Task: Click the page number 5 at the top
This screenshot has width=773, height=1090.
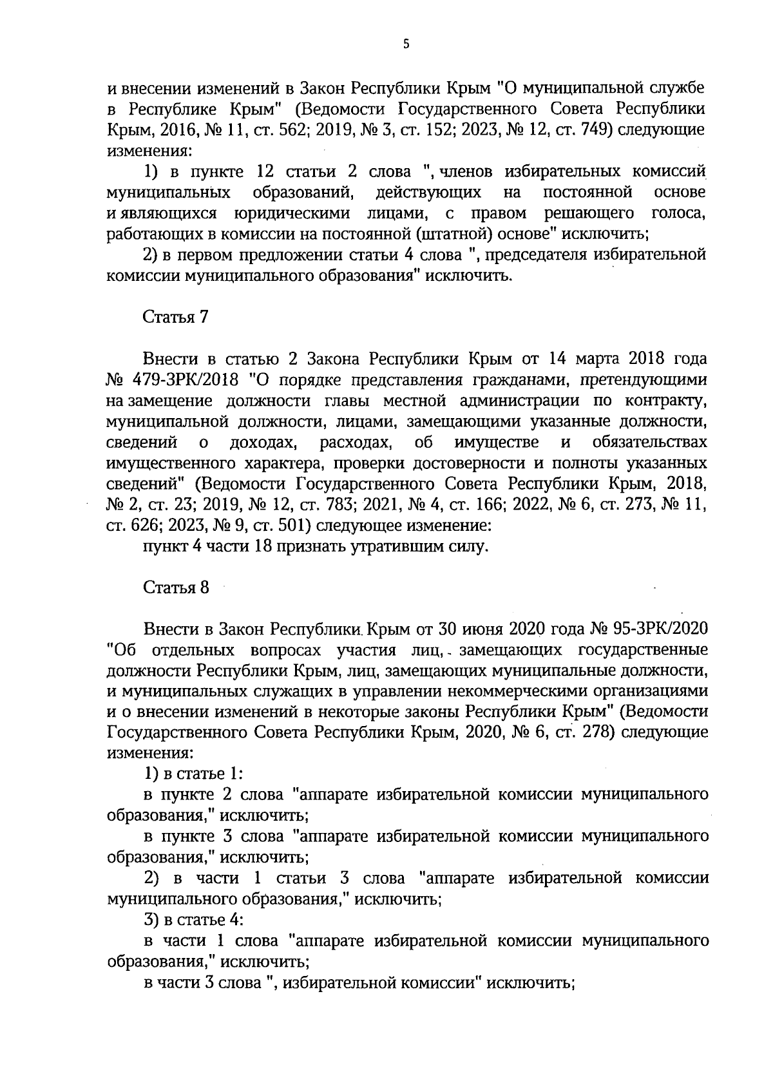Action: tap(405, 44)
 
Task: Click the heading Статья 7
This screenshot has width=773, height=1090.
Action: tap(175, 317)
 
